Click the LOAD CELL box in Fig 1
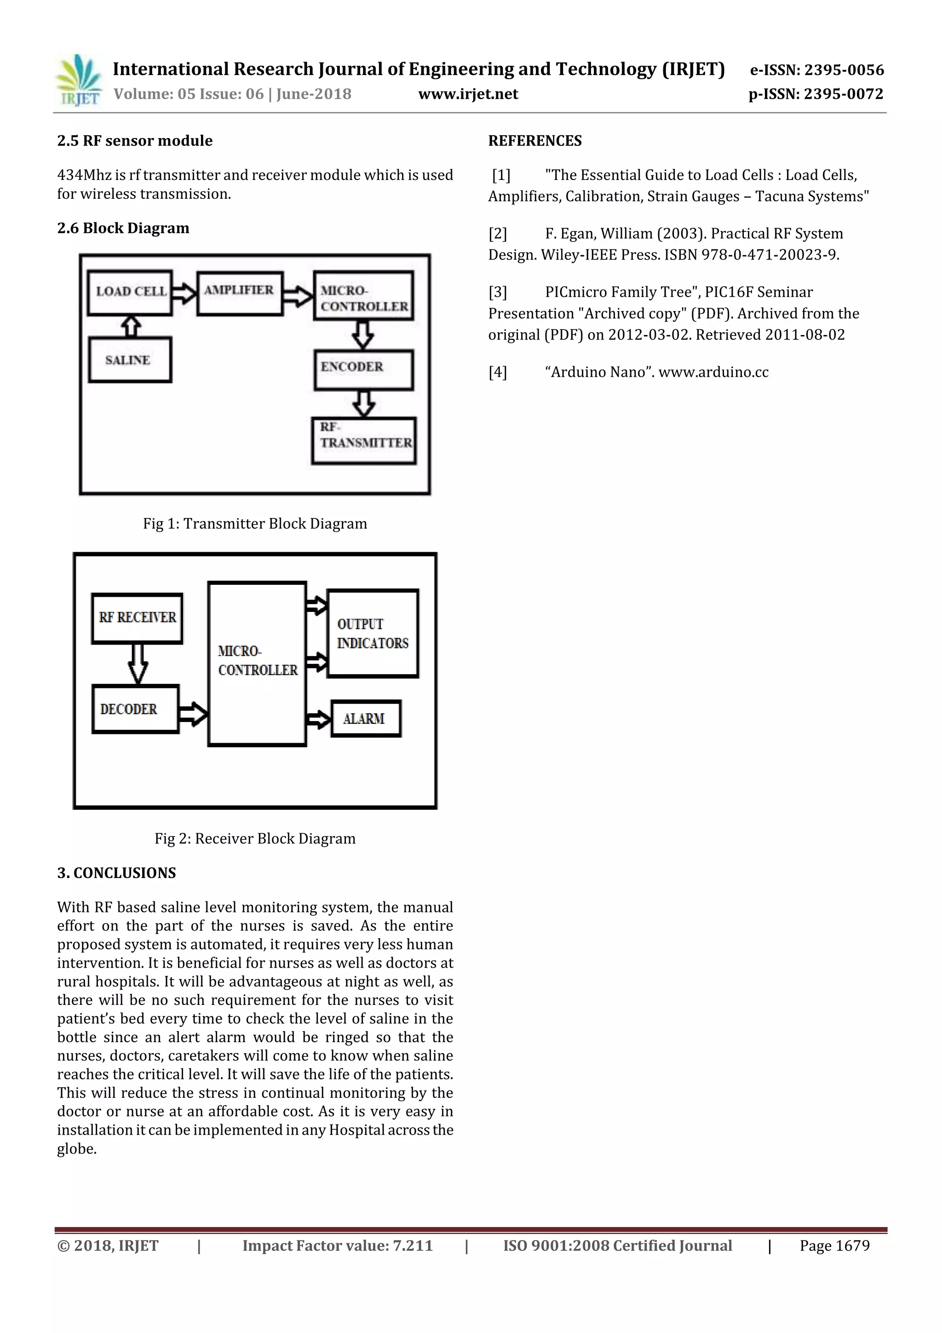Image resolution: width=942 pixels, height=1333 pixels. pos(130,292)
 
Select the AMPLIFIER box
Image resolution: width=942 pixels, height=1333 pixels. pos(239,293)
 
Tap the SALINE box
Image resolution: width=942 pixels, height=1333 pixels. pos(130,360)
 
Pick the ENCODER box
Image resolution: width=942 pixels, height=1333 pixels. pos(363,369)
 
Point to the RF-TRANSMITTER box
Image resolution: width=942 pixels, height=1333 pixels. pos(364,440)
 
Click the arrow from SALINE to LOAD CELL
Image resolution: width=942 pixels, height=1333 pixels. pos(132,326)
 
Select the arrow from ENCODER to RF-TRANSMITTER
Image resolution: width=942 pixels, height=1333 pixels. pos(363,404)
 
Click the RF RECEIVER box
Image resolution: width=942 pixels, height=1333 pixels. pos(137,618)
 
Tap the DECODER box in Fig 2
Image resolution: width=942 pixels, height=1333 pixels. pos(135,709)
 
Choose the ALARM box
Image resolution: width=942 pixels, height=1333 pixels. pos(366,719)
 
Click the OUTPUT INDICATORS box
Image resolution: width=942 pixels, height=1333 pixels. pos(373,634)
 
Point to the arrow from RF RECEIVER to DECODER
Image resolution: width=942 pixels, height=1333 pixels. pos(138,664)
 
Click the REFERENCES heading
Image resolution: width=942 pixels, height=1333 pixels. pos(534,141)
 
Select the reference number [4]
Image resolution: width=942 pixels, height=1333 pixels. pos(497,372)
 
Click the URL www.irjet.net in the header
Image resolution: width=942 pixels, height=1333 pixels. pos(468,94)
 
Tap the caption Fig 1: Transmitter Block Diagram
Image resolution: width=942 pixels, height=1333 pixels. pos(255,524)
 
